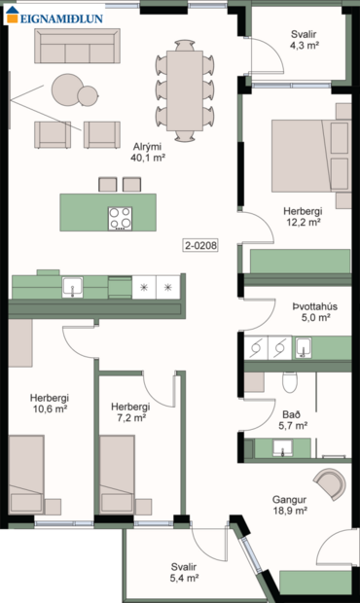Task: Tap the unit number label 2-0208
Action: pos(200,246)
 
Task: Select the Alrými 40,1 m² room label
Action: pos(148,150)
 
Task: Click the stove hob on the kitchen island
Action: pos(121,218)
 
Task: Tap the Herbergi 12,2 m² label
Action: pos(302,215)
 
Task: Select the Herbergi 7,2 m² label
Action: pos(129,411)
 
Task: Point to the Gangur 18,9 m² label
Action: pos(290,504)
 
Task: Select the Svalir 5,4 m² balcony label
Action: pos(186,572)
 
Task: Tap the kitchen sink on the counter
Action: pos(73,287)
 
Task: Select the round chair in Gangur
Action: pos(328,482)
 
